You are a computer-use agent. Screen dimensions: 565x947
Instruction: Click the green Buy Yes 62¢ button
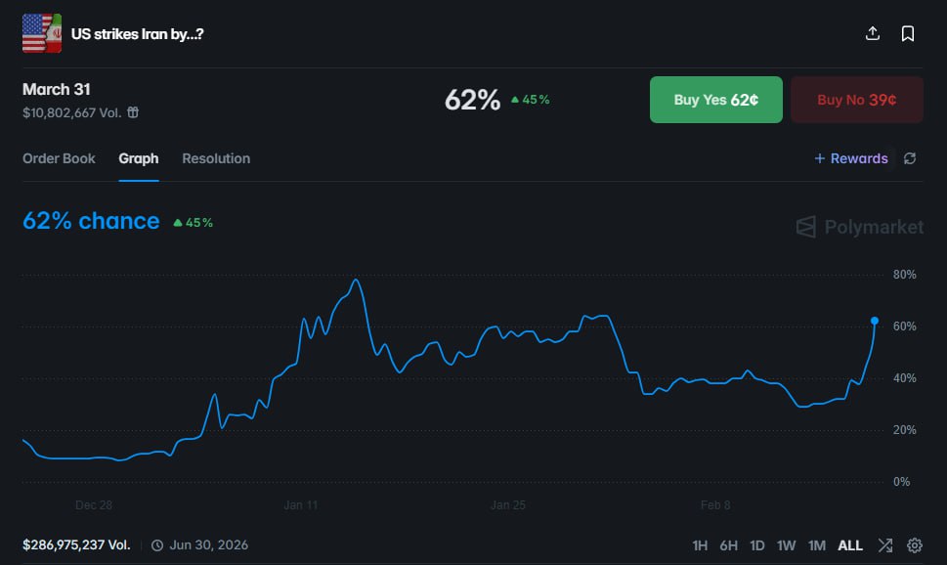715,100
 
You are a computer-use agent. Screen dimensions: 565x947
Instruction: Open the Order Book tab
59,158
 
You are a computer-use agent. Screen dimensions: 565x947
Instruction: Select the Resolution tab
216,158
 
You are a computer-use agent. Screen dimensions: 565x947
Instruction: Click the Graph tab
139,158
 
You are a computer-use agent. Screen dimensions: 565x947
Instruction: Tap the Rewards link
851,158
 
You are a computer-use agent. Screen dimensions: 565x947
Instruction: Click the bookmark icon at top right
908,34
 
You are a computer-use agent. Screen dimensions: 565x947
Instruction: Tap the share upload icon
873,34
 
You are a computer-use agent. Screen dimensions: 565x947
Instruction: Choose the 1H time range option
700,545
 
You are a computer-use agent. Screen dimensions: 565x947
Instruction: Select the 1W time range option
787,545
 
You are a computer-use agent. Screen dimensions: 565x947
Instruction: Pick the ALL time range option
850,545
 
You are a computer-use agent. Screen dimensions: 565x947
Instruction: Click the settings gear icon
915,545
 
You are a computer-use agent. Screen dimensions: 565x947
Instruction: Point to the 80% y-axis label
904,275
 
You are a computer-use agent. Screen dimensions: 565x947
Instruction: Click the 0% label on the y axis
901,482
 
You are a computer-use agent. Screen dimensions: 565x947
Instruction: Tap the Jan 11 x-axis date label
301,505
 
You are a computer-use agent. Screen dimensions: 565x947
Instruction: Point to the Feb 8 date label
715,505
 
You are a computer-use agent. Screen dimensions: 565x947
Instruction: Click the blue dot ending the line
874,321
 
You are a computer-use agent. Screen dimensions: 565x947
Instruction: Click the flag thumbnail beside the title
41,34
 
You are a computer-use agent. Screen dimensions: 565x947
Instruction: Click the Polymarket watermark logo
860,227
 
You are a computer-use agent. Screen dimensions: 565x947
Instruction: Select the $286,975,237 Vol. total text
76,545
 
